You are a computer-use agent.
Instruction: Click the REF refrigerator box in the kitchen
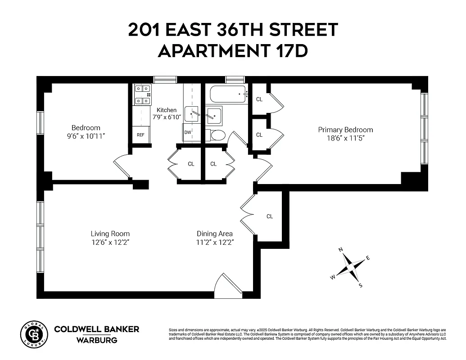[141, 135]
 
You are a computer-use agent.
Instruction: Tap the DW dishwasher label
[187, 133]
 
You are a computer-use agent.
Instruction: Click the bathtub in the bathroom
[227, 94]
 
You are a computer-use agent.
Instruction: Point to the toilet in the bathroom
[217, 135]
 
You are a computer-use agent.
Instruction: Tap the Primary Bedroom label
[345, 130]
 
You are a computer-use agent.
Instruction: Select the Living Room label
[110, 234]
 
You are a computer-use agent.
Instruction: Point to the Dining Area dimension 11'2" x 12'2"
[215, 242]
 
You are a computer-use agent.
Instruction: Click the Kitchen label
[167, 110]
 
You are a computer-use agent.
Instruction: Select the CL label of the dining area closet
[270, 216]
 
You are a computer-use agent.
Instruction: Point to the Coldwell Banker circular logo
[34, 335]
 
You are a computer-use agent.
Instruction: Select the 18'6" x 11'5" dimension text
[345, 138]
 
